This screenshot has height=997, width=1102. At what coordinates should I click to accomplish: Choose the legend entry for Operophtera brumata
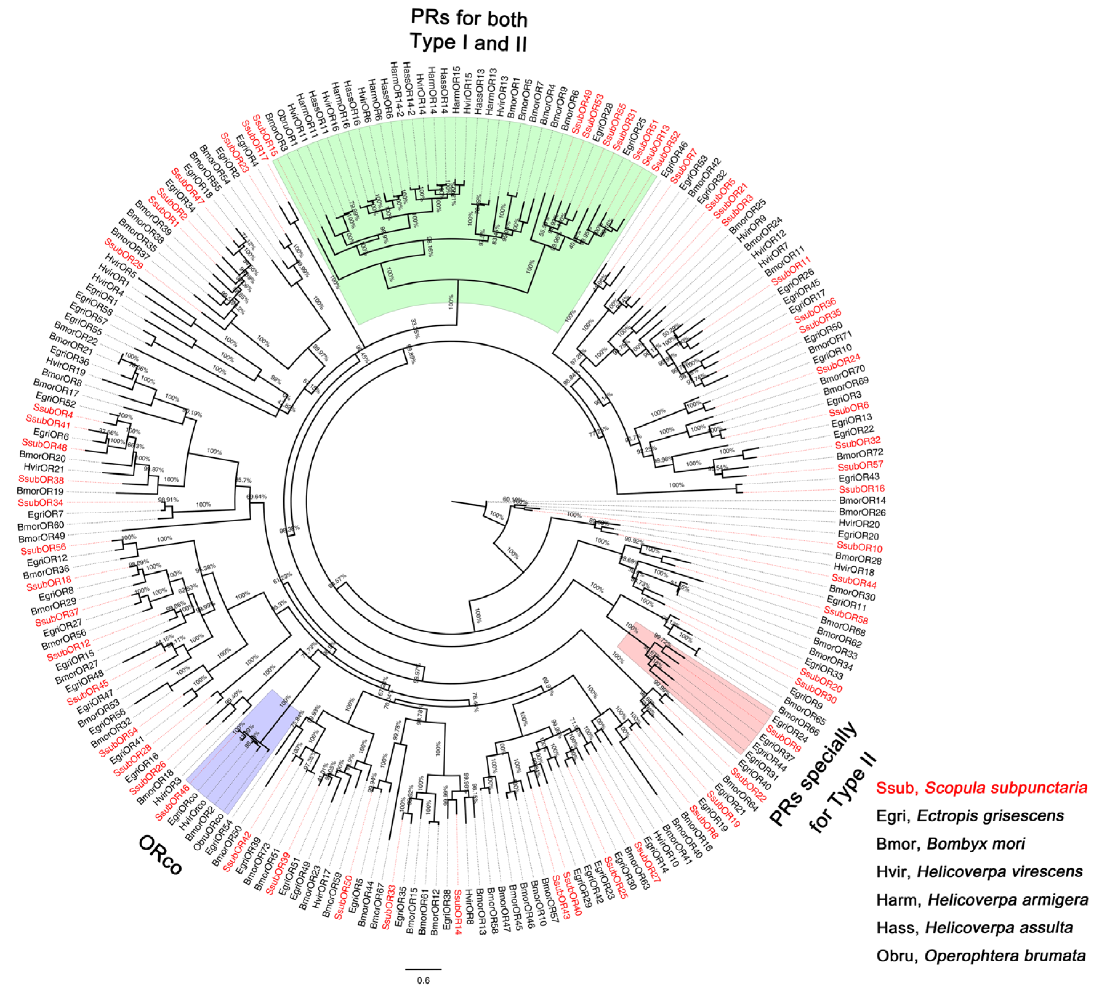tap(981, 956)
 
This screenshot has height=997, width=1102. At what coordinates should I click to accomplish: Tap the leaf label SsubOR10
tap(859, 547)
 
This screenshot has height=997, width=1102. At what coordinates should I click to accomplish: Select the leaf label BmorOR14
tap(862, 500)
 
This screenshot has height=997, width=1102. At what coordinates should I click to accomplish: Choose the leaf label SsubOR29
tap(124, 254)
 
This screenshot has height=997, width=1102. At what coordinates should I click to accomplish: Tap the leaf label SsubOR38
tap(41, 480)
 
